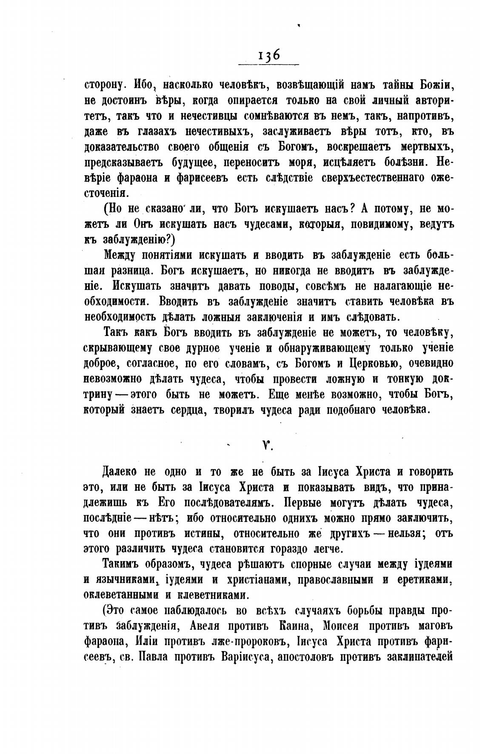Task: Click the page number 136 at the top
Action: coord(268,56)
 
